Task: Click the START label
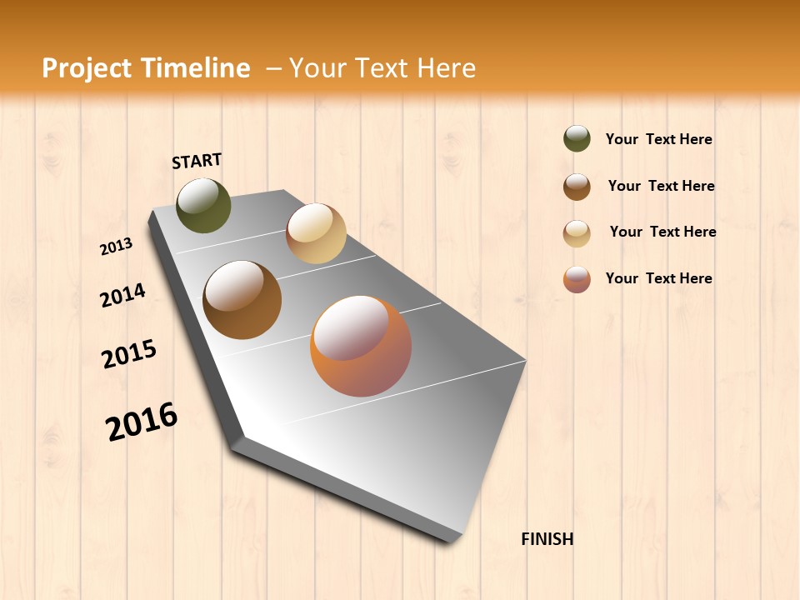pos(197,161)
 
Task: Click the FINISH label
pos(547,539)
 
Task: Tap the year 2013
pos(117,246)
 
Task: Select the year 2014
pos(123,295)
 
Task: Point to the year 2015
pos(129,354)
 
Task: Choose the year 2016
pos(142,421)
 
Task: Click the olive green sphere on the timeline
pos(203,205)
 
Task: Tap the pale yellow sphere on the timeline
pos(316,233)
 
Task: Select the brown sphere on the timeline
pos(242,299)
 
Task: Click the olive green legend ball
pos(577,138)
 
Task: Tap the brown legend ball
pos(577,187)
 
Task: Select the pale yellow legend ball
pos(577,233)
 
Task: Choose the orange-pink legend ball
pos(577,279)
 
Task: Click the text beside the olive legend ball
pos(658,139)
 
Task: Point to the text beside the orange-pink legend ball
pos(658,278)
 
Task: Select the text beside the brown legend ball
pos(661,186)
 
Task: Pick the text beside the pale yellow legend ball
pos(662,232)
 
